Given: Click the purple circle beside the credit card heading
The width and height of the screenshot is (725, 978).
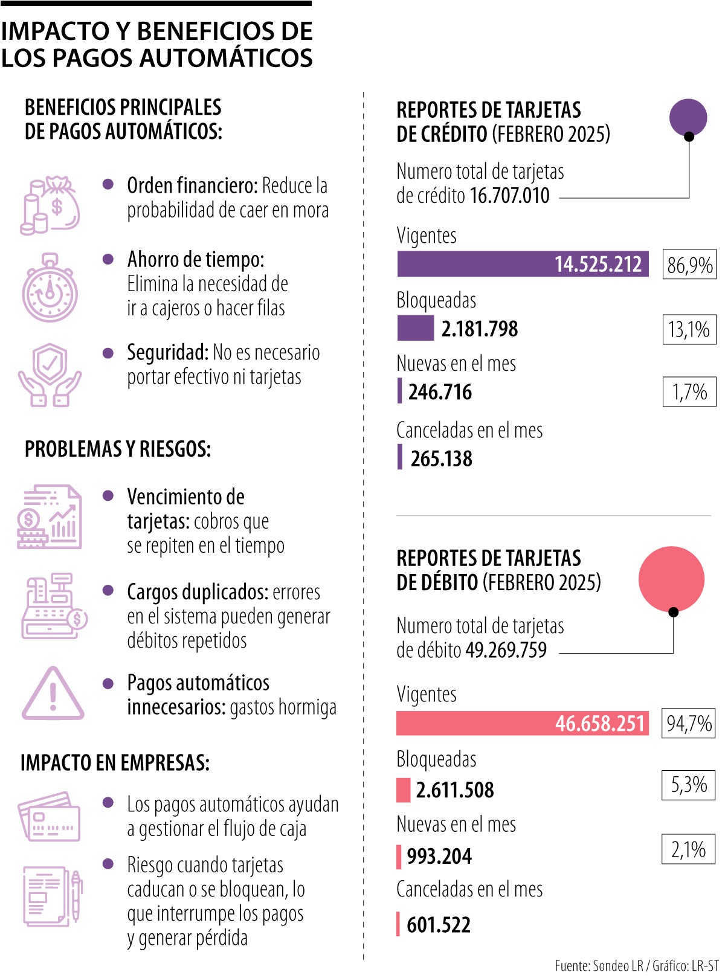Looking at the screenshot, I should (688, 117).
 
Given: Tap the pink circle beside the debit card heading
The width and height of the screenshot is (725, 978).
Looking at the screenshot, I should (671, 579).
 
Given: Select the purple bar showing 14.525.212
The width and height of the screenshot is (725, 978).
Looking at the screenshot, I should (523, 264).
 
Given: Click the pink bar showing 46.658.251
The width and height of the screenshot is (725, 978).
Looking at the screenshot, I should (522, 723).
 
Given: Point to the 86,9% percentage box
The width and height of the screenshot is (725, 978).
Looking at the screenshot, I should (689, 265).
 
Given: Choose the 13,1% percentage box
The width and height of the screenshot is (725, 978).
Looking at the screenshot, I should (689, 329).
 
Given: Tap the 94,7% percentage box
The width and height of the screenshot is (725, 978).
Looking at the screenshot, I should (689, 723).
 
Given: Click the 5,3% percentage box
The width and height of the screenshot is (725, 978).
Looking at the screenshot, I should (689, 785).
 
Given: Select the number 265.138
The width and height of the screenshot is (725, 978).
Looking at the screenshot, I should (442, 458).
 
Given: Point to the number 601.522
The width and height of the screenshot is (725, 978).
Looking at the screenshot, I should (439, 924).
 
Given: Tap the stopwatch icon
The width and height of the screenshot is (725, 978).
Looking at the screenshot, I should (50, 288).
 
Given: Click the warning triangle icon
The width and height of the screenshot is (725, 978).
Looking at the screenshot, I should (53, 694).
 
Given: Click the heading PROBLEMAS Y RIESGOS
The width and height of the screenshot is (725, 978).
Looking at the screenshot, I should (118, 449).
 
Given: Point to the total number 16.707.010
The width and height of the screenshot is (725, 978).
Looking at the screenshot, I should (509, 196).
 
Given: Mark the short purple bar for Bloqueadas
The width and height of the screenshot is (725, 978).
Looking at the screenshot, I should (415, 328).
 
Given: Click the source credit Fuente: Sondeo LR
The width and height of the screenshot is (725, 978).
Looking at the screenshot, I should (599, 965).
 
